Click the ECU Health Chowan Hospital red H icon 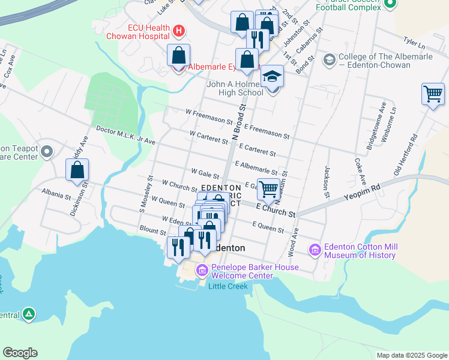[x=178, y=30]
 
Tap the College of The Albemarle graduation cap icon [x=329, y=60]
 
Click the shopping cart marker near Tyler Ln [x=433, y=94]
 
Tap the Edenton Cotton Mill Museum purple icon [x=315, y=250]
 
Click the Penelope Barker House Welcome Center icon [x=202, y=271]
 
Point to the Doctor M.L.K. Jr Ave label [x=125, y=136]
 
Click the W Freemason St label [x=209, y=116]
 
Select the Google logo [x=20, y=353]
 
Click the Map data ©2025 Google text [x=411, y=355]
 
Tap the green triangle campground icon [x=28, y=314]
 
